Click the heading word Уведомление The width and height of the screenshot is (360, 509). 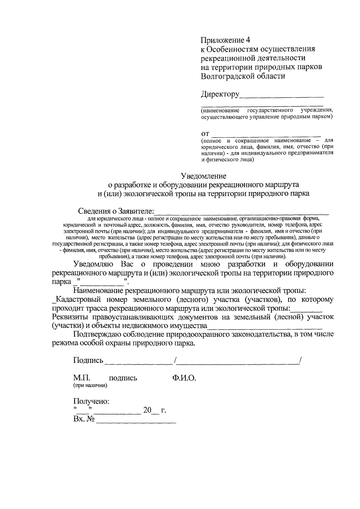[x=203, y=175]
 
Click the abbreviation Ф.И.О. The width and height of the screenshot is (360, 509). [x=184, y=378]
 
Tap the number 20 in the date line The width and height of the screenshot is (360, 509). [x=147, y=410]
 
